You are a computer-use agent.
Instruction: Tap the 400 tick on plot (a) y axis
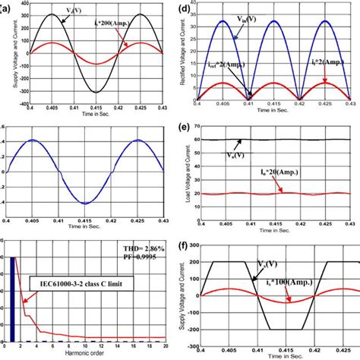(x=21, y=2)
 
